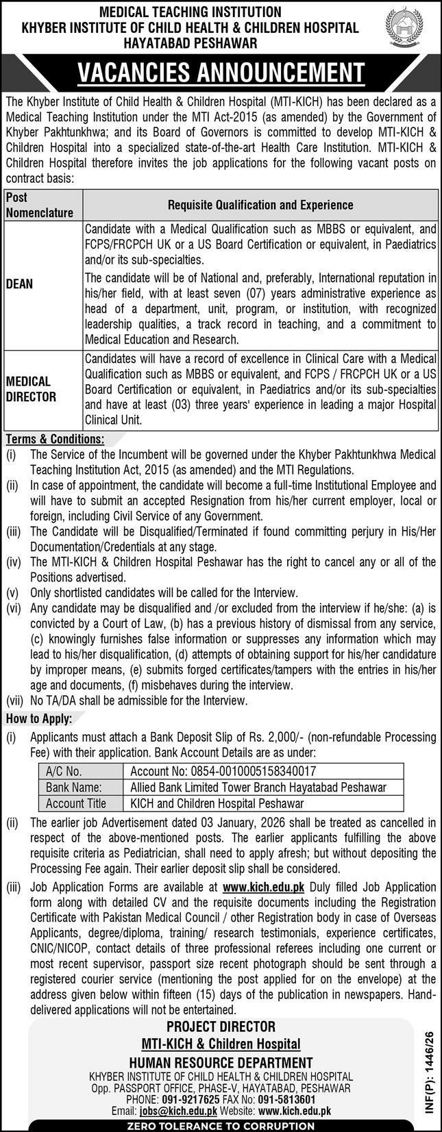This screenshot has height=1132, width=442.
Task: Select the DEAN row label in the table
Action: (x=19, y=284)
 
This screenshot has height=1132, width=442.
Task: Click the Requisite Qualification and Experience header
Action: (x=260, y=205)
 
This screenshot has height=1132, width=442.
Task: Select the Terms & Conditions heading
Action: (x=55, y=438)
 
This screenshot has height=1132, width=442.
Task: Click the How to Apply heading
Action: (x=38, y=718)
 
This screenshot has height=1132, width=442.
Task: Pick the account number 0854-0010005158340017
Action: (x=223, y=771)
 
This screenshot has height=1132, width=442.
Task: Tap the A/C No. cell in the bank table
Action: (x=64, y=771)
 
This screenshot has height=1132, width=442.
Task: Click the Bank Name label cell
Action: (x=74, y=788)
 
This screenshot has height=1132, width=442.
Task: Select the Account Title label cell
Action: (x=76, y=803)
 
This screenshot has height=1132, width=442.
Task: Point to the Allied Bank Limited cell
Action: (x=258, y=788)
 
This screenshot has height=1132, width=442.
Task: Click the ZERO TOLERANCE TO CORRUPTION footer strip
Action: (x=221, y=1126)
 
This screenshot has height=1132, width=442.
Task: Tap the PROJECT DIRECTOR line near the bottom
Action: (x=221, y=1027)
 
